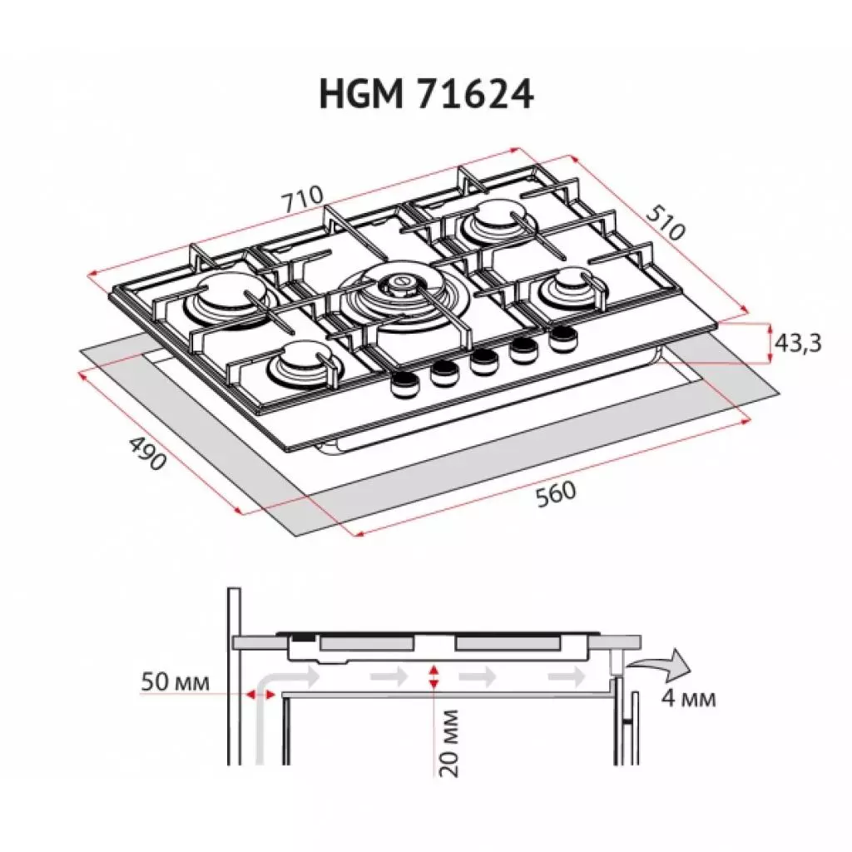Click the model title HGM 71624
[x=426, y=94]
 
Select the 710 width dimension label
[x=301, y=201]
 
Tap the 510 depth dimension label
[x=666, y=220]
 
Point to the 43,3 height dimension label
[x=798, y=343]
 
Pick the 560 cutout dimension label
[x=554, y=493]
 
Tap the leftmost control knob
[x=405, y=382]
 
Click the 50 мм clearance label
[x=175, y=682]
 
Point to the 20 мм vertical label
[x=450, y=742]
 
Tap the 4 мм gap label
[x=688, y=698]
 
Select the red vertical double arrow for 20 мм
[x=432, y=676]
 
